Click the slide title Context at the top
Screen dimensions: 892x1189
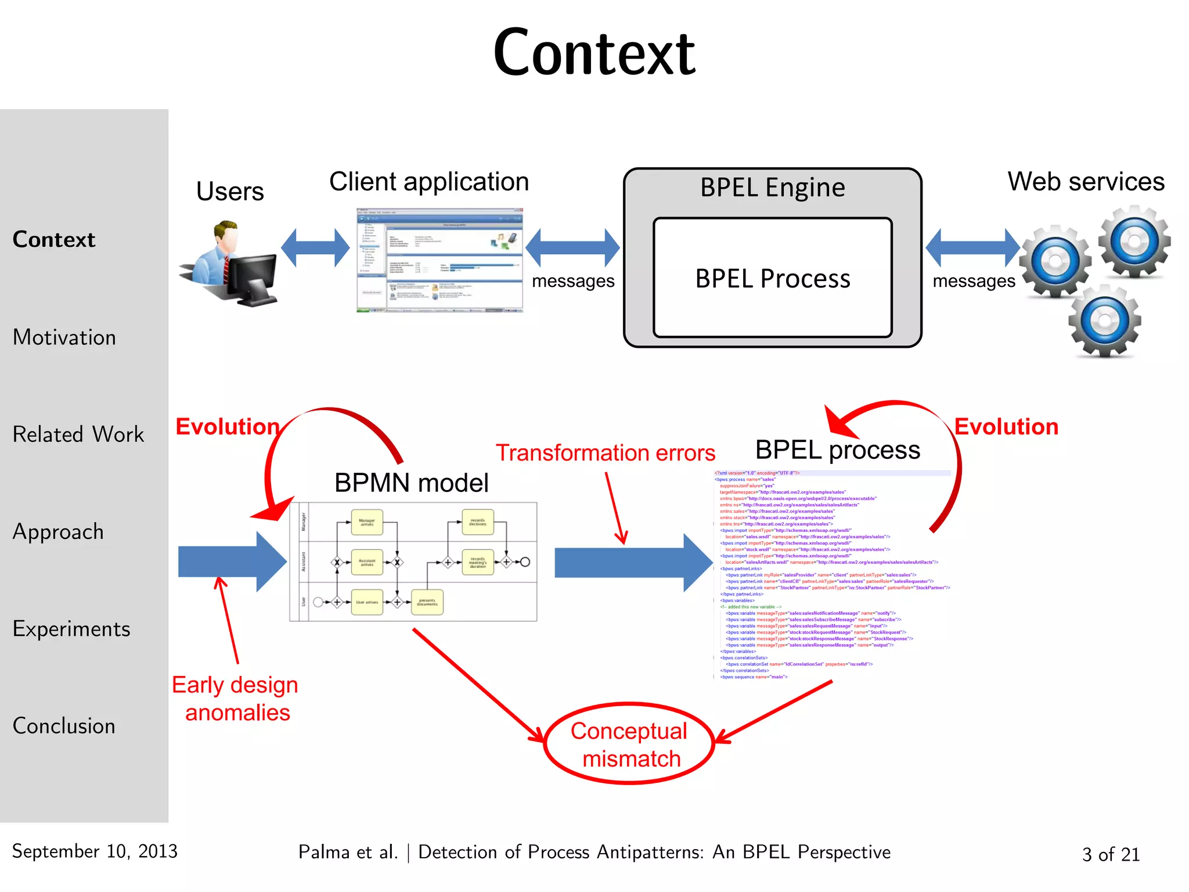594,53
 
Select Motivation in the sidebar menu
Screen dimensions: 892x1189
64,337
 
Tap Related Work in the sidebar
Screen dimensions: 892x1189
78,434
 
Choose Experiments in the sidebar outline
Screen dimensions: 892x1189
71,629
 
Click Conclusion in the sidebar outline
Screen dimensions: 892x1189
64,726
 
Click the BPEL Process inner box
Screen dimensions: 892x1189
772,279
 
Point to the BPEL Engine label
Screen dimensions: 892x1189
772,188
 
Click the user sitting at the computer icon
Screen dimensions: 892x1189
229,264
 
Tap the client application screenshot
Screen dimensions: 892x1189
439,260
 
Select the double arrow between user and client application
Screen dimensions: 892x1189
315,248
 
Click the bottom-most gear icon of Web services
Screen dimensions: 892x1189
1105,321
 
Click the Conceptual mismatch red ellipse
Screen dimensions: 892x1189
629,744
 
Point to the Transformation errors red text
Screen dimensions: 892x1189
605,453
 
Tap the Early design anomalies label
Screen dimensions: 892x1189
235,699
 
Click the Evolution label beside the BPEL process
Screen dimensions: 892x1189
1006,427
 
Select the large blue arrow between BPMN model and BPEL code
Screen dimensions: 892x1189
633,563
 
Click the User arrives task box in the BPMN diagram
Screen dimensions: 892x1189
367,602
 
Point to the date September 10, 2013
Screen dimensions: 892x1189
95,851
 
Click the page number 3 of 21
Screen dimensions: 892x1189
1111,854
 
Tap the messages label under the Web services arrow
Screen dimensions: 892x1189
974,281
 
